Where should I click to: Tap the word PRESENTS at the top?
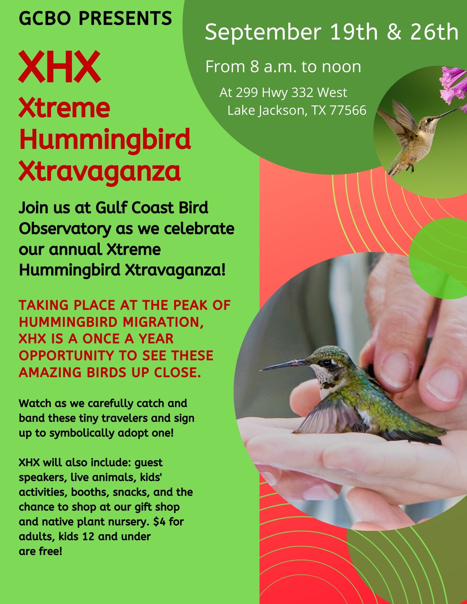pyautogui.click(x=125, y=18)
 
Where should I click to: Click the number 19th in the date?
pyautogui.click(x=354, y=32)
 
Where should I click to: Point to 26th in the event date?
pyautogui.click(x=434, y=32)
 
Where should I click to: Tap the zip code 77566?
pyautogui.click(x=348, y=110)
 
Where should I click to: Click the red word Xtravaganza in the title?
pyautogui.click(x=99, y=171)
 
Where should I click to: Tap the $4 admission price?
pyautogui.click(x=160, y=522)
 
